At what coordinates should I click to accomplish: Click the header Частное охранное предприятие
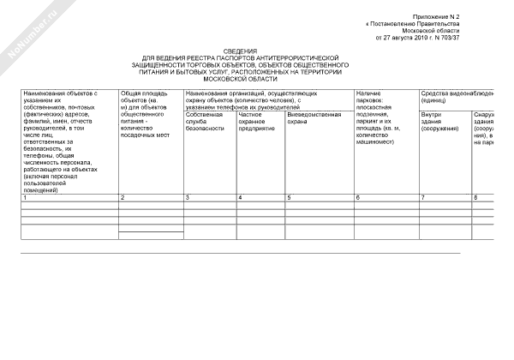click(257, 121)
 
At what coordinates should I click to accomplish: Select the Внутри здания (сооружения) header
click(438, 121)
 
